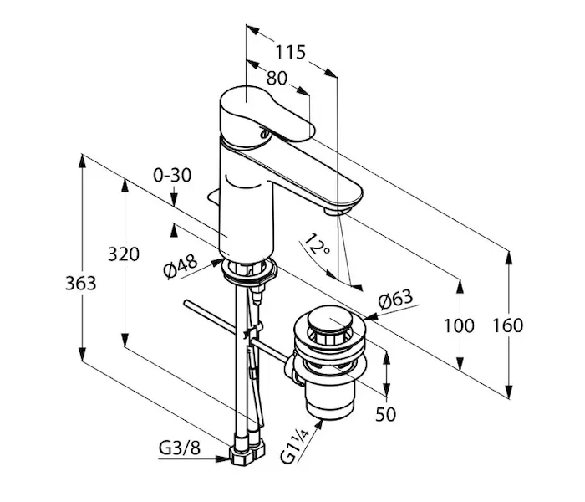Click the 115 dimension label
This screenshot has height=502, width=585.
tap(290, 52)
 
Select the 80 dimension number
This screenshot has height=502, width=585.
tap(277, 78)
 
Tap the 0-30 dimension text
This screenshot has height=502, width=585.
tap(172, 175)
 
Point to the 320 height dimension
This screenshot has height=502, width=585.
tap(124, 254)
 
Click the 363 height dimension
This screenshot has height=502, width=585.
tap(80, 283)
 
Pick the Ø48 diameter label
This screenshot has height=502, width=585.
tap(181, 266)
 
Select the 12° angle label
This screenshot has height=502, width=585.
tap(316, 245)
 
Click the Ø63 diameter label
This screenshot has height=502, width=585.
tap(395, 299)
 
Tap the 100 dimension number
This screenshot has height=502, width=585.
tap(459, 325)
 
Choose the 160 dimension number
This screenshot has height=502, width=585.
tap(508, 325)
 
